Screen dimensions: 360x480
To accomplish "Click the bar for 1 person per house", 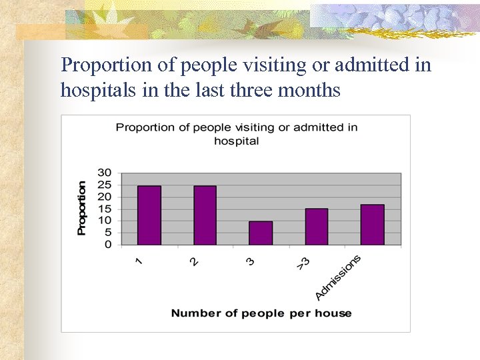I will point(149,215).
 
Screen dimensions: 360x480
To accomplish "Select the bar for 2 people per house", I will point(205,215).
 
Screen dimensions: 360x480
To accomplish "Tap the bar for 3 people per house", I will point(261,233).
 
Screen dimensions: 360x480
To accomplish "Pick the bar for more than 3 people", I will point(316,227).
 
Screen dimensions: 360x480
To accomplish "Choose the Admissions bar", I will point(372,225).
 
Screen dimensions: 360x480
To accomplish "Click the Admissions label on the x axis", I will point(338,277).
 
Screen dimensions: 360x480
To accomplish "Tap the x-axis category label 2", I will point(194,261).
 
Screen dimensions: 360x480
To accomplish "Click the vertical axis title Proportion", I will point(82,208).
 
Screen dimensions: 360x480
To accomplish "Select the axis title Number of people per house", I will point(261,313).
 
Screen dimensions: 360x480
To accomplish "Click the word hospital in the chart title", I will point(236,141).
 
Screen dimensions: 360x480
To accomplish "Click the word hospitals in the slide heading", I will point(95,89).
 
